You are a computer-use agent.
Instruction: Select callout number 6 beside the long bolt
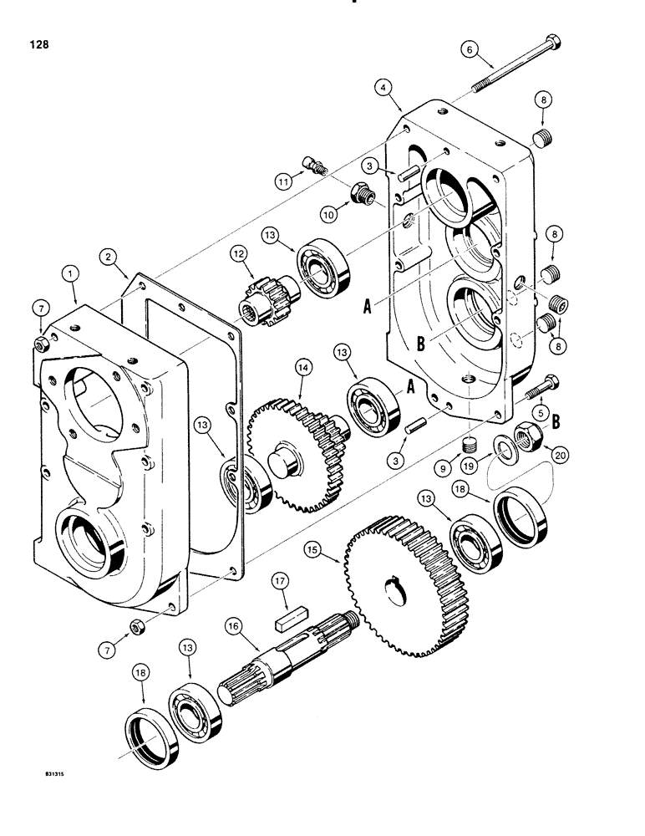470,50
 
